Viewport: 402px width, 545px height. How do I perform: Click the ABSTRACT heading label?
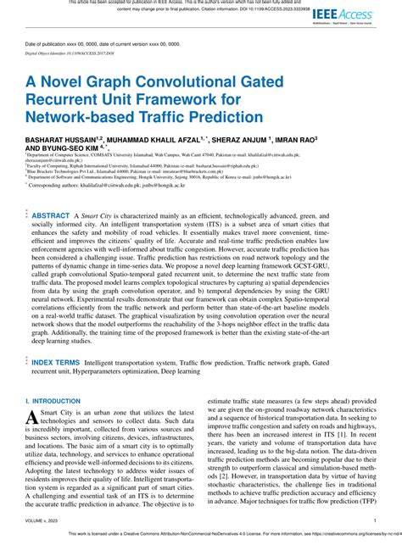51,216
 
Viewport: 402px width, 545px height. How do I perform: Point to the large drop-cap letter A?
32,416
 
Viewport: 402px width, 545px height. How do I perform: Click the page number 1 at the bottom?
375,522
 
